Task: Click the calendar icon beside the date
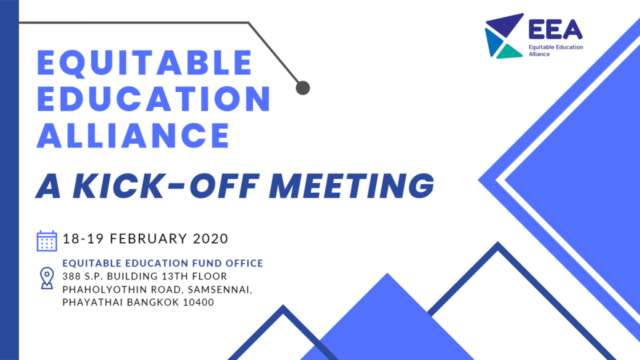(x=47, y=241)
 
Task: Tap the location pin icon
(x=47, y=278)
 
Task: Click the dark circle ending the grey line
(x=303, y=87)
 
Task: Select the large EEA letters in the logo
(x=556, y=29)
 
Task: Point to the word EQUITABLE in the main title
(x=144, y=63)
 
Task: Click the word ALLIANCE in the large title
(x=133, y=135)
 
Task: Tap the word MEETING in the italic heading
(x=351, y=186)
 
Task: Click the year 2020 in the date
(x=210, y=238)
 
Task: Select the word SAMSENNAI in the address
(x=220, y=289)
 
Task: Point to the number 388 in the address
(x=71, y=276)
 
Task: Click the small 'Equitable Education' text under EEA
(x=556, y=47)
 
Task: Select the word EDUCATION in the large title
(x=154, y=99)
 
